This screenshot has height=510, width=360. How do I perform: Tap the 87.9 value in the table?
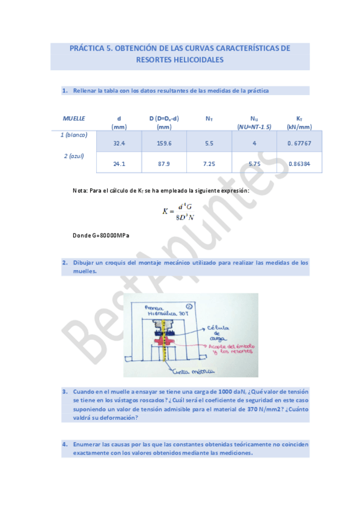[163, 163]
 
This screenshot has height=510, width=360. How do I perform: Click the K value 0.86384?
[299, 163]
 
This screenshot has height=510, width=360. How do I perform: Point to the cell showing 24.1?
[118, 163]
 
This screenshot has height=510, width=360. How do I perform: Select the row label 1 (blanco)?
[74, 135]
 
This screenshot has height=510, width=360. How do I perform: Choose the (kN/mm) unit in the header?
[299, 127]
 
